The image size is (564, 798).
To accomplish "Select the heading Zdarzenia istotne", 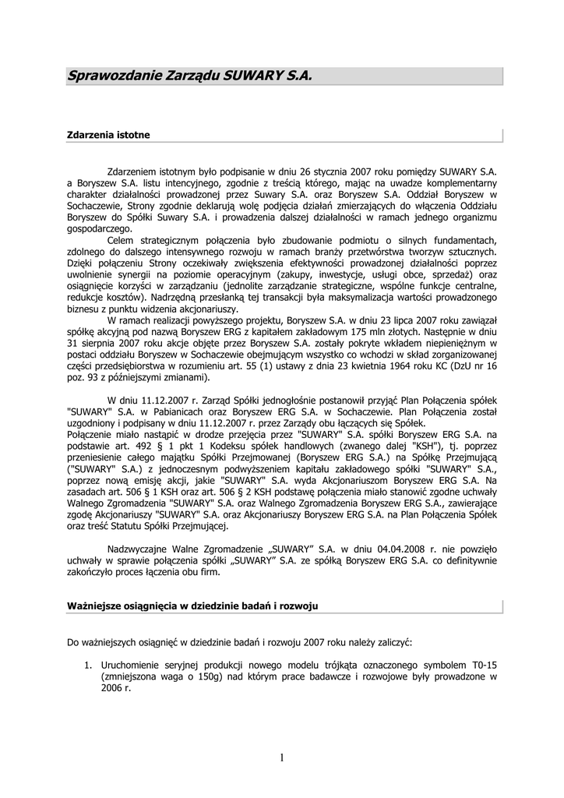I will (108, 135).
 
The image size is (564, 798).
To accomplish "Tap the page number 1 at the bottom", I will (281, 757).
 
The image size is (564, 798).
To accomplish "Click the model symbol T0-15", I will (484, 666).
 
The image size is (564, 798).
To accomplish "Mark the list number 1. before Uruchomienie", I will (88, 666).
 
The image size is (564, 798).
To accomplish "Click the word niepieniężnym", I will (453, 342).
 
